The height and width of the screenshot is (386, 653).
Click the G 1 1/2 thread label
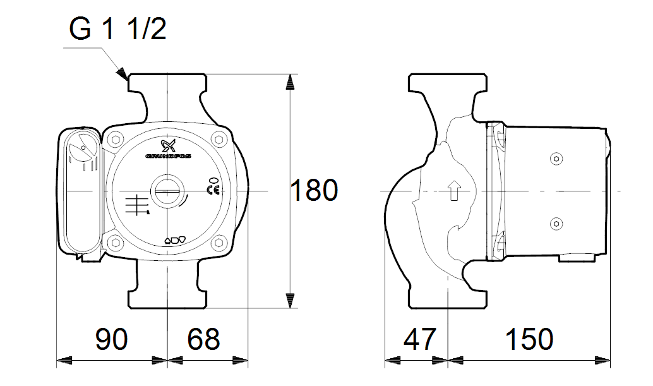[x=117, y=30]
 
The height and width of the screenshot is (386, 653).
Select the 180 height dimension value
[x=314, y=190]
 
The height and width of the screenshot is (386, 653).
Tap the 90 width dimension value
[x=111, y=339]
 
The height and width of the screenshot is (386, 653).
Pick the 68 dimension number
[x=203, y=339]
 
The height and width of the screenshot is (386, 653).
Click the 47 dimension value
[x=419, y=339]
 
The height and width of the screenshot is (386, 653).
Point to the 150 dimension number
[x=529, y=339]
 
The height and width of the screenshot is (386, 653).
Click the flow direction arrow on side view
[x=453, y=190]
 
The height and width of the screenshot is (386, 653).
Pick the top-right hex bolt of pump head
[x=219, y=139]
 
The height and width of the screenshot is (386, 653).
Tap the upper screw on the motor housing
[x=556, y=158]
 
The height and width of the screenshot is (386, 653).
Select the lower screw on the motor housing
[x=556, y=222]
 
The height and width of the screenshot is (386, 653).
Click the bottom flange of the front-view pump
[x=167, y=297]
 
